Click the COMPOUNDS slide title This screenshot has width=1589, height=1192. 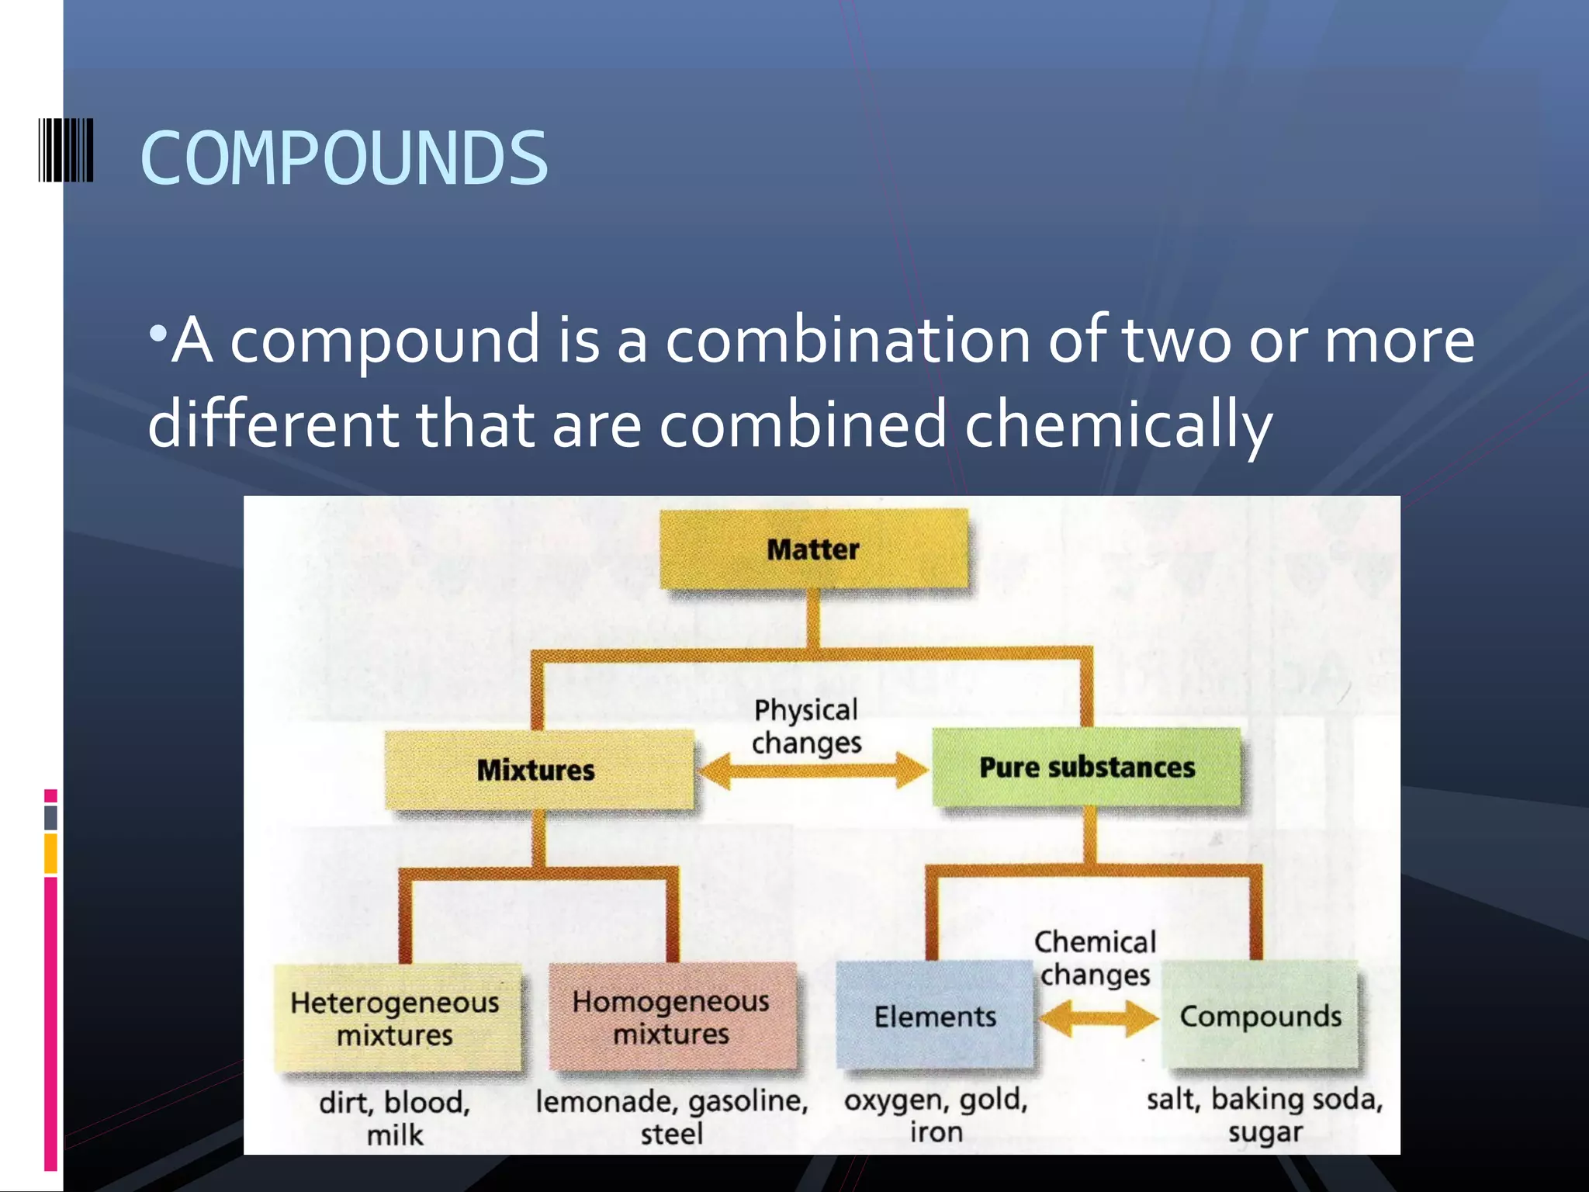344,158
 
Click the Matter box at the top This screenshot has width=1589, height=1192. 813,549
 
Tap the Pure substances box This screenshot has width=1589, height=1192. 1086,767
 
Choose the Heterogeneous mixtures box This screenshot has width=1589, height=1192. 396,1017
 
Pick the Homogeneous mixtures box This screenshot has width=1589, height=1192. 671,1017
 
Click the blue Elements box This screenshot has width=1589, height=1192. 934,1016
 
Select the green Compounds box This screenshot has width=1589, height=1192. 1260,1016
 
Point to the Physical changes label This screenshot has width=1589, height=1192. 806,726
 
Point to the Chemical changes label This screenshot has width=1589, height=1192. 1095,958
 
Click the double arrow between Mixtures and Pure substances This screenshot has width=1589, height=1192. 812,771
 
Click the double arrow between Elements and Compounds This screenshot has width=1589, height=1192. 1098,1018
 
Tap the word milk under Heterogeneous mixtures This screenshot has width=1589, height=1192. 395,1135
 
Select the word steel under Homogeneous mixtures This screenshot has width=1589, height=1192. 671,1134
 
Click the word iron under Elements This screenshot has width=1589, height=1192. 936,1132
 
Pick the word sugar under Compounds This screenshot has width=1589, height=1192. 1265,1132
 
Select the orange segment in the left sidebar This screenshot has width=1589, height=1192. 50,853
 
